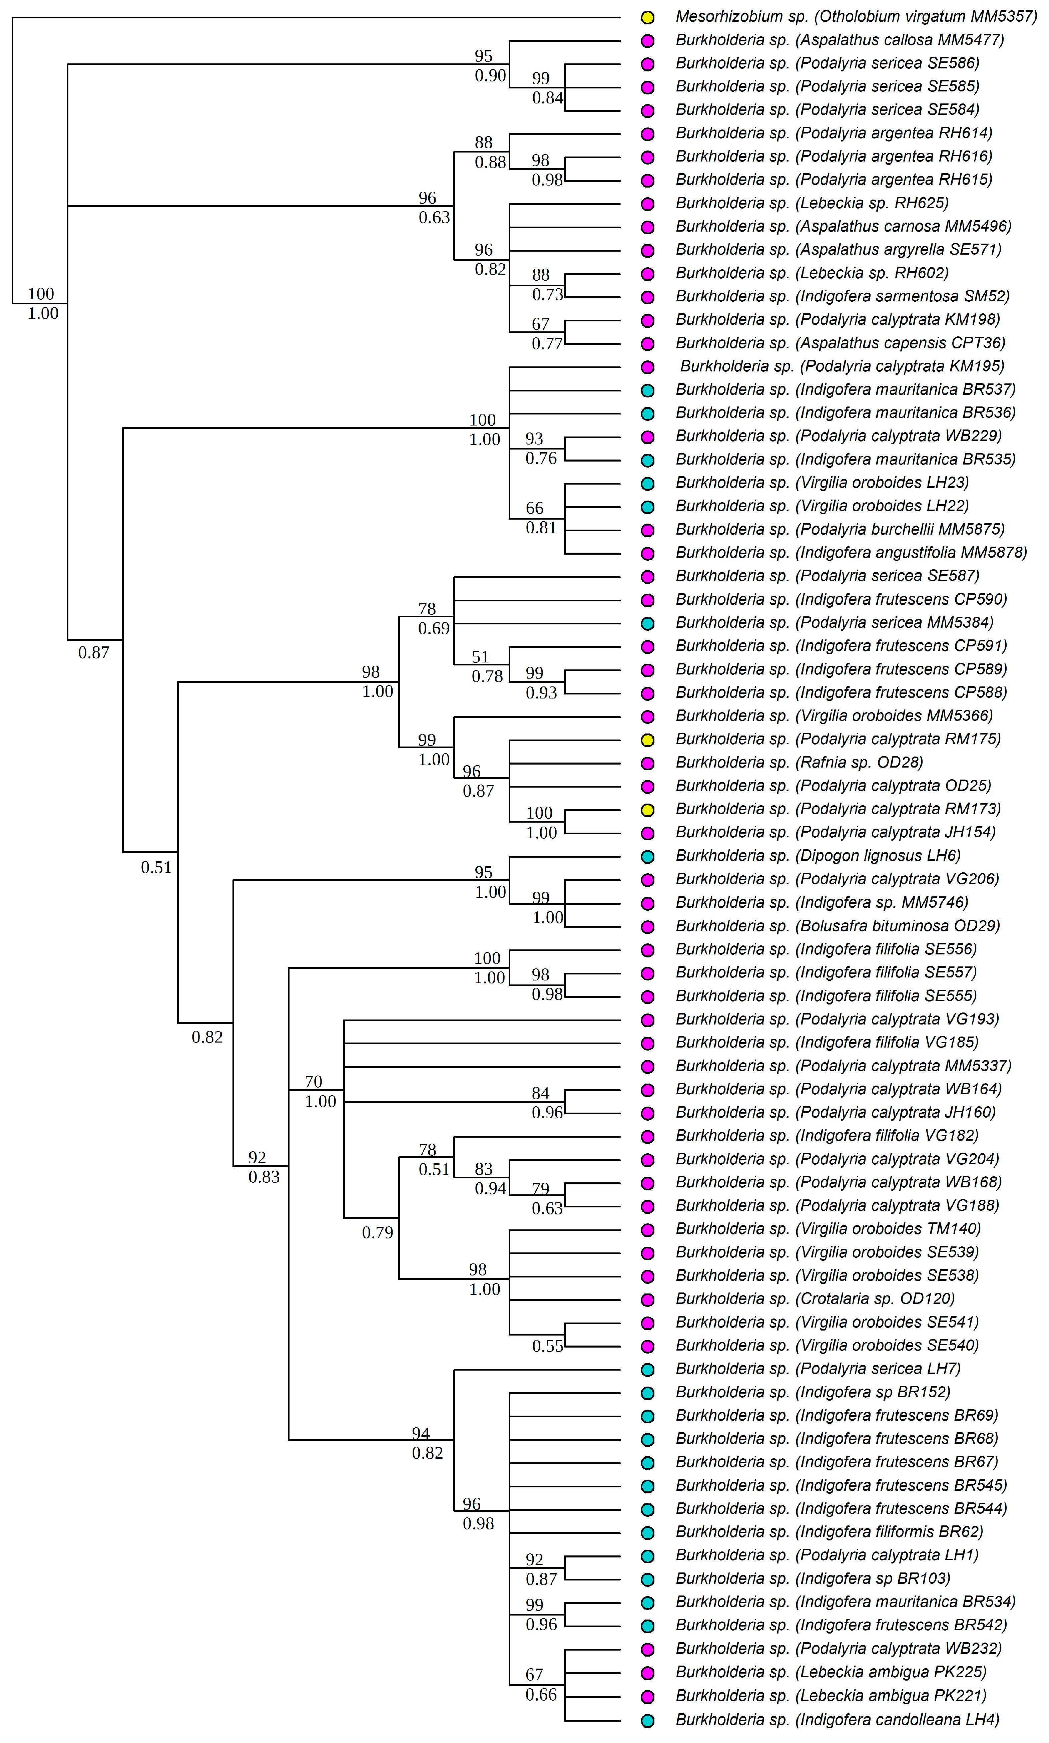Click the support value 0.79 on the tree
pos(378,1233)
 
